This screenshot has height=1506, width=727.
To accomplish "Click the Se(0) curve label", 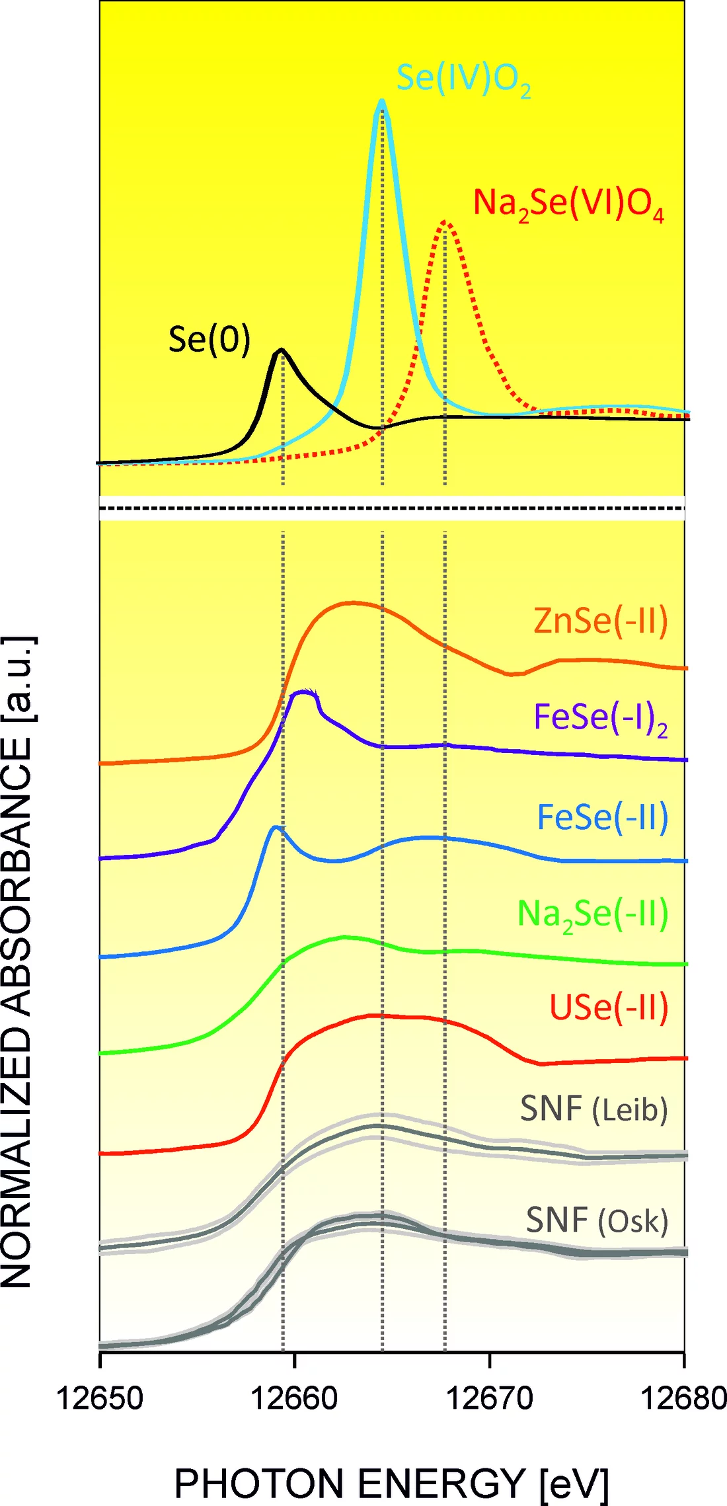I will pos(210,340).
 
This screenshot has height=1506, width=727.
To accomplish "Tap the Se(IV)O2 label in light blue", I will pos(463,79).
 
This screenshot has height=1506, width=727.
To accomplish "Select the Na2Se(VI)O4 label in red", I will pos(568,204).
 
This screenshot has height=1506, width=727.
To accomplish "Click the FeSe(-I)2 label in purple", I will pos(600,718).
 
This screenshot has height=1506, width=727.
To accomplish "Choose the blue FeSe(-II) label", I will pos(602,817).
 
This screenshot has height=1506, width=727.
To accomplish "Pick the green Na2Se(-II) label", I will pos(592,915).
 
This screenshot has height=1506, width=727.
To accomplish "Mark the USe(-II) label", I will pos(609,1008).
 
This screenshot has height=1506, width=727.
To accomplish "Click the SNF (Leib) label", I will pos(593,1109).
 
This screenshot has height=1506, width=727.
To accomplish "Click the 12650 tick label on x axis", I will pos(100,1398).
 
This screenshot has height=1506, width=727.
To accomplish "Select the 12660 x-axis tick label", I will pos(295,1398).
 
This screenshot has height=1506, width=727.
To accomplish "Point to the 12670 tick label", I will pos(490,1398).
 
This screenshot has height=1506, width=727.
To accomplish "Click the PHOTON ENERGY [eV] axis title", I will pos(391,1484).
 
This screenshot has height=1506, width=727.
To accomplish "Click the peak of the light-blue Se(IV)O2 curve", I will pos(381,101).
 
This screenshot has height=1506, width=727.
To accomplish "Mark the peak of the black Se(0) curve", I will pos(282,349).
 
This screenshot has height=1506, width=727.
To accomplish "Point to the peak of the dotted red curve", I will pos(446,221).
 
